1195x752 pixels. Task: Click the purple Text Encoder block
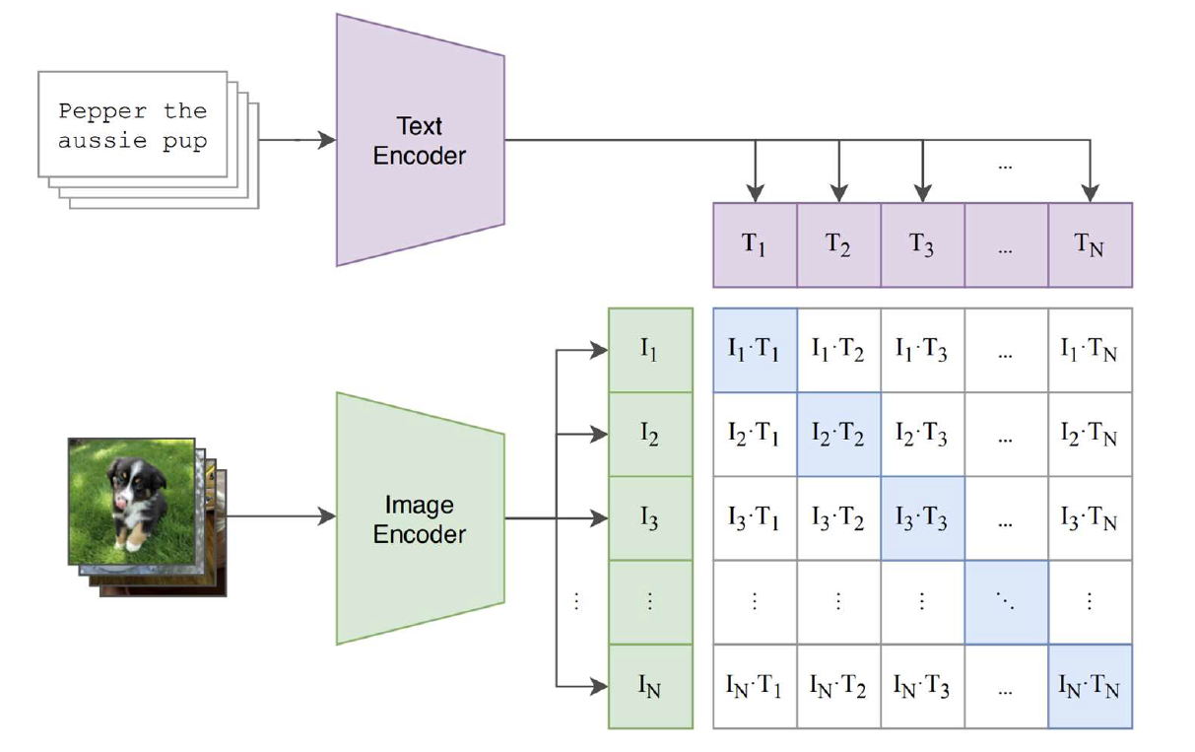click(420, 140)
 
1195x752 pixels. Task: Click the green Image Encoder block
click(420, 518)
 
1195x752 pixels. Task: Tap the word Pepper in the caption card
click(103, 110)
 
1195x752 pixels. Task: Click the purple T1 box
click(755, 245)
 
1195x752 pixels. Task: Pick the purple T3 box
click(922, 245)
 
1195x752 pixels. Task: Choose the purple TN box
click(1090, 245)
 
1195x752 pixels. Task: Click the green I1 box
click(650, 350)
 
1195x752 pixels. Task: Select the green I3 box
click(650, 518)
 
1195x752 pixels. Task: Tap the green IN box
click(650, 686)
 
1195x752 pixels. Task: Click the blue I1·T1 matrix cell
click(755, 350)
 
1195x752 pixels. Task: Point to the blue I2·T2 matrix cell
click(838, 434)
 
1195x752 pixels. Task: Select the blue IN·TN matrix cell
click(1090, 686)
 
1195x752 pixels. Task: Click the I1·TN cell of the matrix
click(1090, 350)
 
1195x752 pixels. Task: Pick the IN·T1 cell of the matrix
click(755, 686)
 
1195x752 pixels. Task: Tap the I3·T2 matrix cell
click(838, 518)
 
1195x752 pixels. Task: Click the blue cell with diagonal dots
click(1006, 602)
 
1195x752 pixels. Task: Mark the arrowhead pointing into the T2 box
click(838, 192)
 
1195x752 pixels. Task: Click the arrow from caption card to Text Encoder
click(296, 140)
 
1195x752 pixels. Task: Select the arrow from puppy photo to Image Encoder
click(281, 516)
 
